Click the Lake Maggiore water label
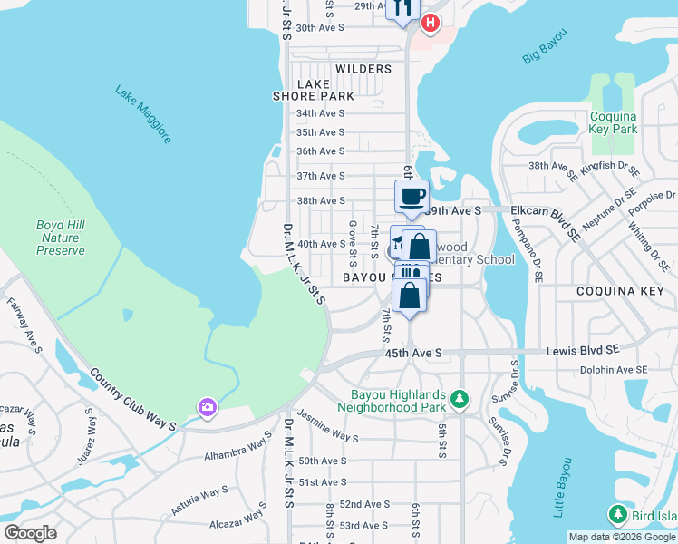[x=143, y=114]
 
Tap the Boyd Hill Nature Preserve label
[x=61, y=238]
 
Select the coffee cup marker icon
[x=411, y=197]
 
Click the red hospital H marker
[x=431, y=23]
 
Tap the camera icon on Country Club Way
[x=207, y=408]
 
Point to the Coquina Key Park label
[x=614, y=122]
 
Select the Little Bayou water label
[x=559, y=494]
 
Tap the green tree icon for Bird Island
[x=618, y=515]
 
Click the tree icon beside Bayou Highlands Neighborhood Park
[x=460, y=399]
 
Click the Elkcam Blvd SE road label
[x=546, y=209]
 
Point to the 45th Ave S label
[x=412, y=352]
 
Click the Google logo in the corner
[x=30, y=532]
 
